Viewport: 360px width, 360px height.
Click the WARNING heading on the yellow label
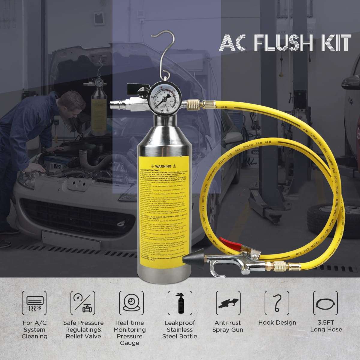(163, 166)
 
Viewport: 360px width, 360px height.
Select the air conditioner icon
(34, 303)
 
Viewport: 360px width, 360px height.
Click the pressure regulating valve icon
(83, 303)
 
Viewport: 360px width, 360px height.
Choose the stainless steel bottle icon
(180, 303)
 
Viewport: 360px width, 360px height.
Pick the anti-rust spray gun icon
(228, 303)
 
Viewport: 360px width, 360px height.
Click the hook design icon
(277, 303)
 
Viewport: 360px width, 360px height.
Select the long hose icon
(325, 303)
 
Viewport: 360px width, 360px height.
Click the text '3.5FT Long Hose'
(326, 326)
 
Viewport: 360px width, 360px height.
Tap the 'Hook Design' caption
(277, 323)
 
